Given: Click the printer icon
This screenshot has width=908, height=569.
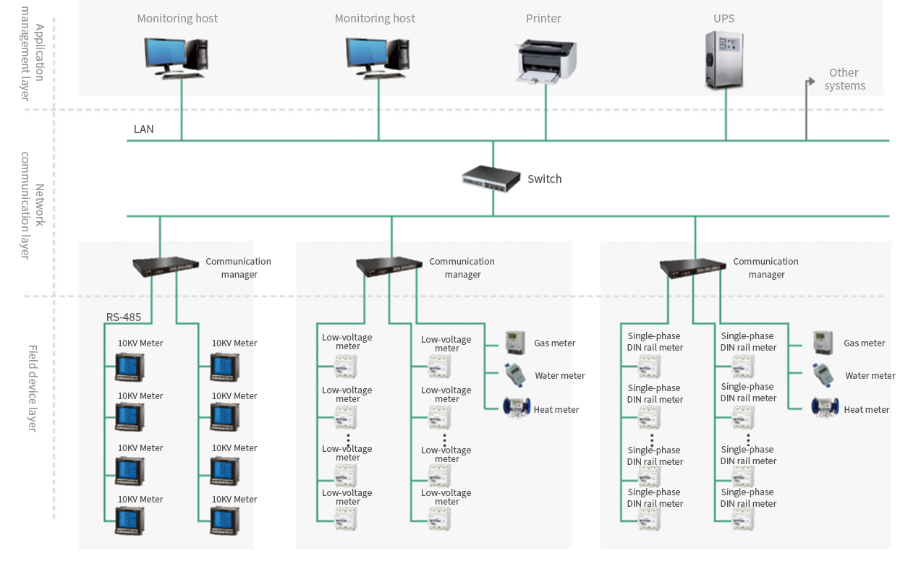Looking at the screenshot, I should point(546,60).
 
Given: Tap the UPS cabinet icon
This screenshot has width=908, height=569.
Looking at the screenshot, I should point(724,61).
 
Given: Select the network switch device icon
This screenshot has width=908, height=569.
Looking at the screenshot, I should point(492,179).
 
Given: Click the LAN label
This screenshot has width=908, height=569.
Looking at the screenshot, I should point(143,129).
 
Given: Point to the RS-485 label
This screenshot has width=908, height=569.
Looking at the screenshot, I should point(124,317).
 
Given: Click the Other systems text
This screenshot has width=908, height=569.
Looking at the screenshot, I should point(844,79).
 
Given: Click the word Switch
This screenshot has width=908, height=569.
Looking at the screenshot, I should point(544,179).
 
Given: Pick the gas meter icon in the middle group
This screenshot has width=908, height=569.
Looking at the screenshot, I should point(514,343).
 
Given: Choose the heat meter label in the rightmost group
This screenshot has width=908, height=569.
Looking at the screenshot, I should point(866,409).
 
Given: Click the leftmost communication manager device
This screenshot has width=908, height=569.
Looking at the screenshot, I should point(166,267).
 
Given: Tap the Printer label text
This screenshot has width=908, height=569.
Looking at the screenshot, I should point(543,19).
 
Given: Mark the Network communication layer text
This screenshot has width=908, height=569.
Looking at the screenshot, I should point(33,205).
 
